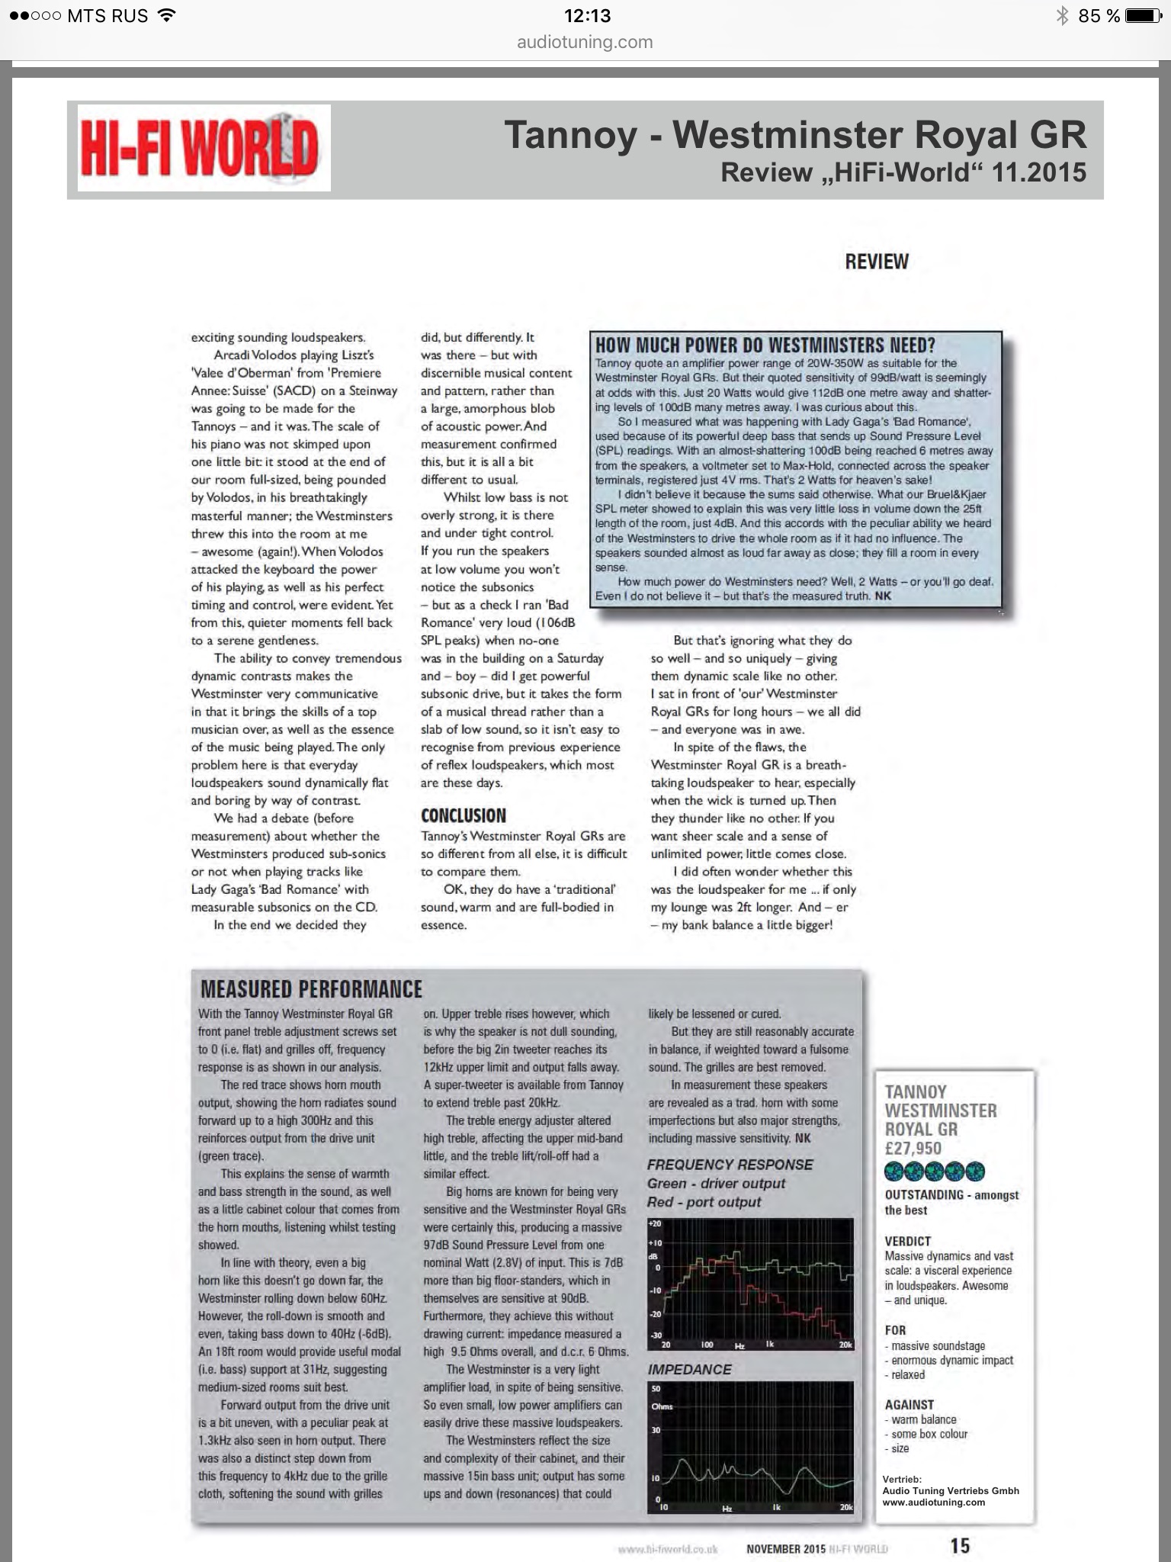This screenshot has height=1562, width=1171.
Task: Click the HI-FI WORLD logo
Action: pos(204,148)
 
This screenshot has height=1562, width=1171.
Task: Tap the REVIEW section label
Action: pos(876,262)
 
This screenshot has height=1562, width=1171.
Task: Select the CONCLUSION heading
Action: pos(463,815)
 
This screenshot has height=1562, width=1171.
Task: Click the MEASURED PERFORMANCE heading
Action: pos(311,989)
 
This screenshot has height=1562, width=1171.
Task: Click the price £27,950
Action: pos(913,1148)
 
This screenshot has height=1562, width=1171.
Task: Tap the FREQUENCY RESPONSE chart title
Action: pos(730,1165)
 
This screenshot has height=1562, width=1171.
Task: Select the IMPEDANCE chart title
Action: pos(689,1369)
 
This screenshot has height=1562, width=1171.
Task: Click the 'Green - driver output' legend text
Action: pos(716,1183)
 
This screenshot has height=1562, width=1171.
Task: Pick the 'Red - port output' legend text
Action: pos(704,1202)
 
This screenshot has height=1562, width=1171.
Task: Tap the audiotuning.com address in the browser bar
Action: pos(585,42)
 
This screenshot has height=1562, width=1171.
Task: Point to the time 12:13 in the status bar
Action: pos(586,15)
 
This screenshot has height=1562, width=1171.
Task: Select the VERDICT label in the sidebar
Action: pos(907,1241)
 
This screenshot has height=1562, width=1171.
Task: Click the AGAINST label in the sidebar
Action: pos(909,1404)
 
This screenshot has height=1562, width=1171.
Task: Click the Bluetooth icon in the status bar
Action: pos(1061,15)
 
